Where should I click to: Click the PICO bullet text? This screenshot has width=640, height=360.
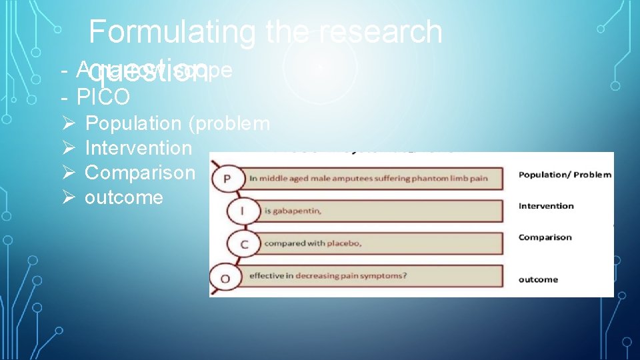tap(103, 97)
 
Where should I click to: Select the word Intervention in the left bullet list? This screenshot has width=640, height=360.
tap(139, 148)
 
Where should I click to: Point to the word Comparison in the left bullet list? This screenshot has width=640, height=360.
tap(141, 173)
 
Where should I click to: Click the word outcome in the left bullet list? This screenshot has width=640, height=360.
tap(124, 197)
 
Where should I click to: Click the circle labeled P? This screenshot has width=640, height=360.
tap(227, 178)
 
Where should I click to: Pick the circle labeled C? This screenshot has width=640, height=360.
tap(245, 245)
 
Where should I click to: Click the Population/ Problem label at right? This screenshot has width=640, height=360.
tap(565, 175)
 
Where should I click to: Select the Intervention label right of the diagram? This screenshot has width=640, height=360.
tap(546, 206)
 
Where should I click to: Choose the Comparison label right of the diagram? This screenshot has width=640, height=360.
tap(545, 237)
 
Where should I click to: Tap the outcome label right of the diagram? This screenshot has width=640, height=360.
tap(538, 279)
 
